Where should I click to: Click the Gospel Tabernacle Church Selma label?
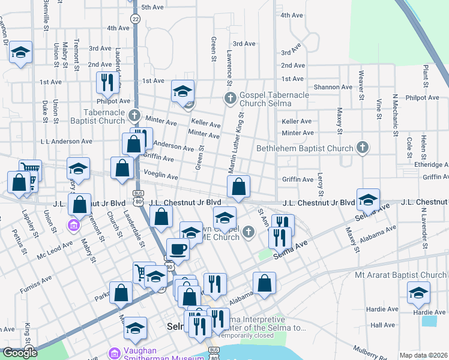pyautogui.click(x=274, y=100)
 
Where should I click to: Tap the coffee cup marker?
pyautogui.click(x=178, y=250)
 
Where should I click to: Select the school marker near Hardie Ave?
pyautogui.click(x=418, y=295)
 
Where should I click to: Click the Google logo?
pyautogui.click(x=20, y=353)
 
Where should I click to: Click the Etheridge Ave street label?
pyautogui.click(x=430, y=164)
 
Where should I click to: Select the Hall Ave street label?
pyautogui.click(x=382, y=325)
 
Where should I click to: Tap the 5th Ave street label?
pyautogui.click(x=152, y=7)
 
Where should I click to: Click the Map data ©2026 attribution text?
pyautogui.click(x=424, y=355)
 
